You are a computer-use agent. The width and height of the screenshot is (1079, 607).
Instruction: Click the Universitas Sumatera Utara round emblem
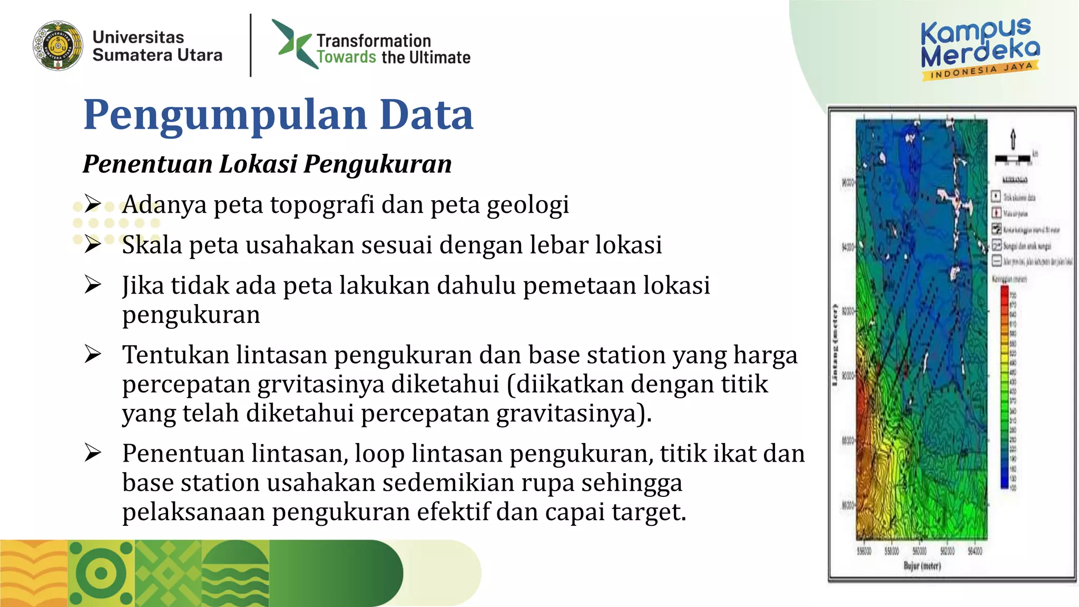click(58, 46)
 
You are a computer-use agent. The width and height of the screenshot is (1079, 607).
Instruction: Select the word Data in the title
click(426, 115)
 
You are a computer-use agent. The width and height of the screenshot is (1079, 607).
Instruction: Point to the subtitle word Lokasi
click(258, 164)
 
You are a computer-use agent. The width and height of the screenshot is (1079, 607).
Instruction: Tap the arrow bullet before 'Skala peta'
click(93, 244)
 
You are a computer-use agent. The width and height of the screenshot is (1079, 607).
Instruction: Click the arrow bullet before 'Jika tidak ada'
click(93, 285)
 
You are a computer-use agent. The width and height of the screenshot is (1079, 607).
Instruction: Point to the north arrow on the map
click(1013, 139)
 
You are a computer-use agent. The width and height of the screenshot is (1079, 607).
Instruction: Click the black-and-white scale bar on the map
click(1013, 158)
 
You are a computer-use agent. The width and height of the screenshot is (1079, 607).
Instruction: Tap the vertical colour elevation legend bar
click(1004, 387)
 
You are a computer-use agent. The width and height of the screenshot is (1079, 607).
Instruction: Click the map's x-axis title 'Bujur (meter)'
click(922, 566)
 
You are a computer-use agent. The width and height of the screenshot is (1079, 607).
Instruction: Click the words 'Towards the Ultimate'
click(393, 57)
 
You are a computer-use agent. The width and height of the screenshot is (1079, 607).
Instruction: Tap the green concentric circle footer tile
click(101, 573)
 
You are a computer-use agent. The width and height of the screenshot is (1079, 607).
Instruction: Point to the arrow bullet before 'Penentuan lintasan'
click(93, 453)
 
